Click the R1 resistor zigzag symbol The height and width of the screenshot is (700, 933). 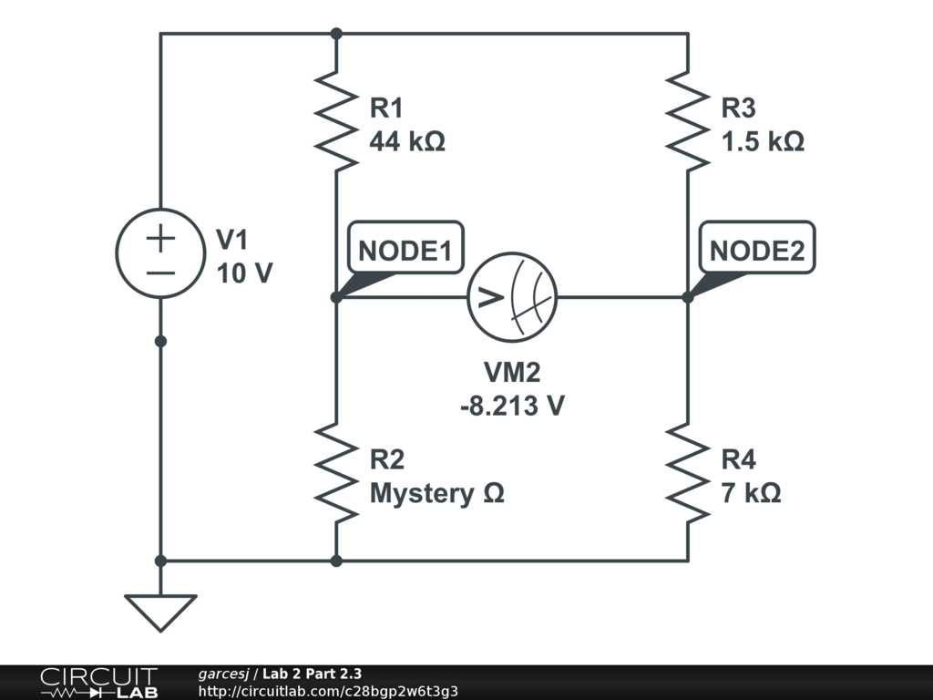pyautogui.click(x=336, y=122)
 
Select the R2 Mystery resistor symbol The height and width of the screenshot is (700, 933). pyautogui.click(x=336, y=472)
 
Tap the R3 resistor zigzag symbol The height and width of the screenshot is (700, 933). pyautogui.click(x=688, y=122)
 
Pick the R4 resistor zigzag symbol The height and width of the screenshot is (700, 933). pyautogui.click(x=688, y=472)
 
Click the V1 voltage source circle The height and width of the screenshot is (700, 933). pyautogui.click(x=160, y=252)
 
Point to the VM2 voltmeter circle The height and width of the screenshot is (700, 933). pyautogui.click(x=512, y=297)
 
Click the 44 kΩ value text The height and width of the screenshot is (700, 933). pyautogui.click(x=407, y=142)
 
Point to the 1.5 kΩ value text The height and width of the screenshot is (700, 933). pyautogui.click(x=763, y=142)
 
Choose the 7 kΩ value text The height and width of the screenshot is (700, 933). pyautogui.click(x=751, y=493)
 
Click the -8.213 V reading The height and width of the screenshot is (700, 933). pyautogui.click(x=512, y=406)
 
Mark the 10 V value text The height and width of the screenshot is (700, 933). pyautogui.click(x=244, y=273)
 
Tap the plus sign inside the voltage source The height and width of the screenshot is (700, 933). pyautogui.click(x=160, y=239)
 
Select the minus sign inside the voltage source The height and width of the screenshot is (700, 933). pyautogui.click(x=160, y=273)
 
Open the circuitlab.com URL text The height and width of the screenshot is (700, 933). pyautogui.click(x=328, y=691)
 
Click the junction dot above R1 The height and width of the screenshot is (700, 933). pyautogui.click(x=336, y=34)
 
